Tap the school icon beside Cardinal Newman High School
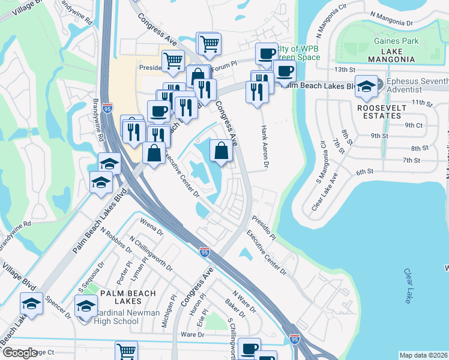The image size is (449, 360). tap(86, 305)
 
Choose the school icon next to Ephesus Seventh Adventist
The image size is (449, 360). tap(366, 86)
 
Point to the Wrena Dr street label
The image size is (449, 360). tap(151, 228)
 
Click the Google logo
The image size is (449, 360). tap(20, 353)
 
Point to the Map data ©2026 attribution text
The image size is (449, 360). tap(424, 355)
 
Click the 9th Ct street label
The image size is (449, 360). tap(414, 124)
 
